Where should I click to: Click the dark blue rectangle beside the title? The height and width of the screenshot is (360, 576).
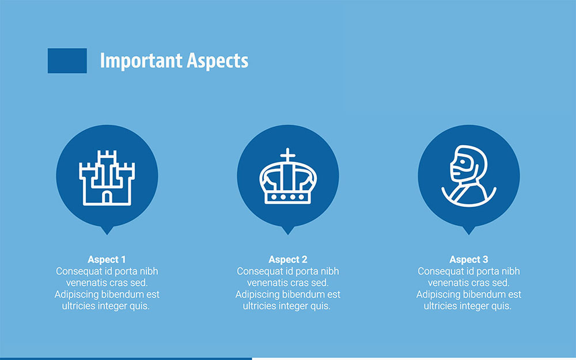(x=67, y=60)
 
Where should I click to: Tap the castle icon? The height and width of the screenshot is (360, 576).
(x=107, y=177)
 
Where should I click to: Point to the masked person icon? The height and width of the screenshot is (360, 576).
(x=468, y=176)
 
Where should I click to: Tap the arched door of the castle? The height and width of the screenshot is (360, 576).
(x=107, y=197)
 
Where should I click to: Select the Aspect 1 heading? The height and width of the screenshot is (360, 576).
(x=107, y=259)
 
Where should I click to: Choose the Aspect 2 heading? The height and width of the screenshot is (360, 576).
(x=287, y=259)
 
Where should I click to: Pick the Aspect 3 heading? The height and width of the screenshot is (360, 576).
(x=468, y=259)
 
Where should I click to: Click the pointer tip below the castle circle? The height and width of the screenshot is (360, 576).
(x=107, y=232)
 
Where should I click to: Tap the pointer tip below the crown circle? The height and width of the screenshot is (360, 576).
(x=287, y=232)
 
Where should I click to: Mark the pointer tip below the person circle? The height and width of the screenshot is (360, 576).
(x=468, y=232)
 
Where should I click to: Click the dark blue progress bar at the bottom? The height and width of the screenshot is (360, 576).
(x=126, y=358)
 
